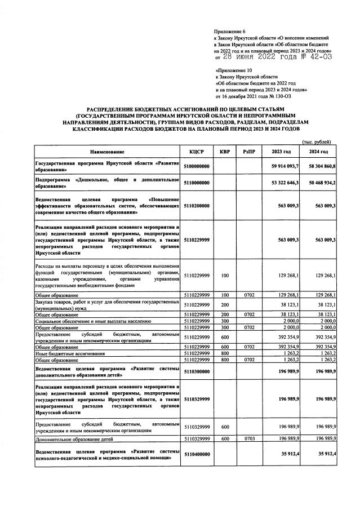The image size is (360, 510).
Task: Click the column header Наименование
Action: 106,152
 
